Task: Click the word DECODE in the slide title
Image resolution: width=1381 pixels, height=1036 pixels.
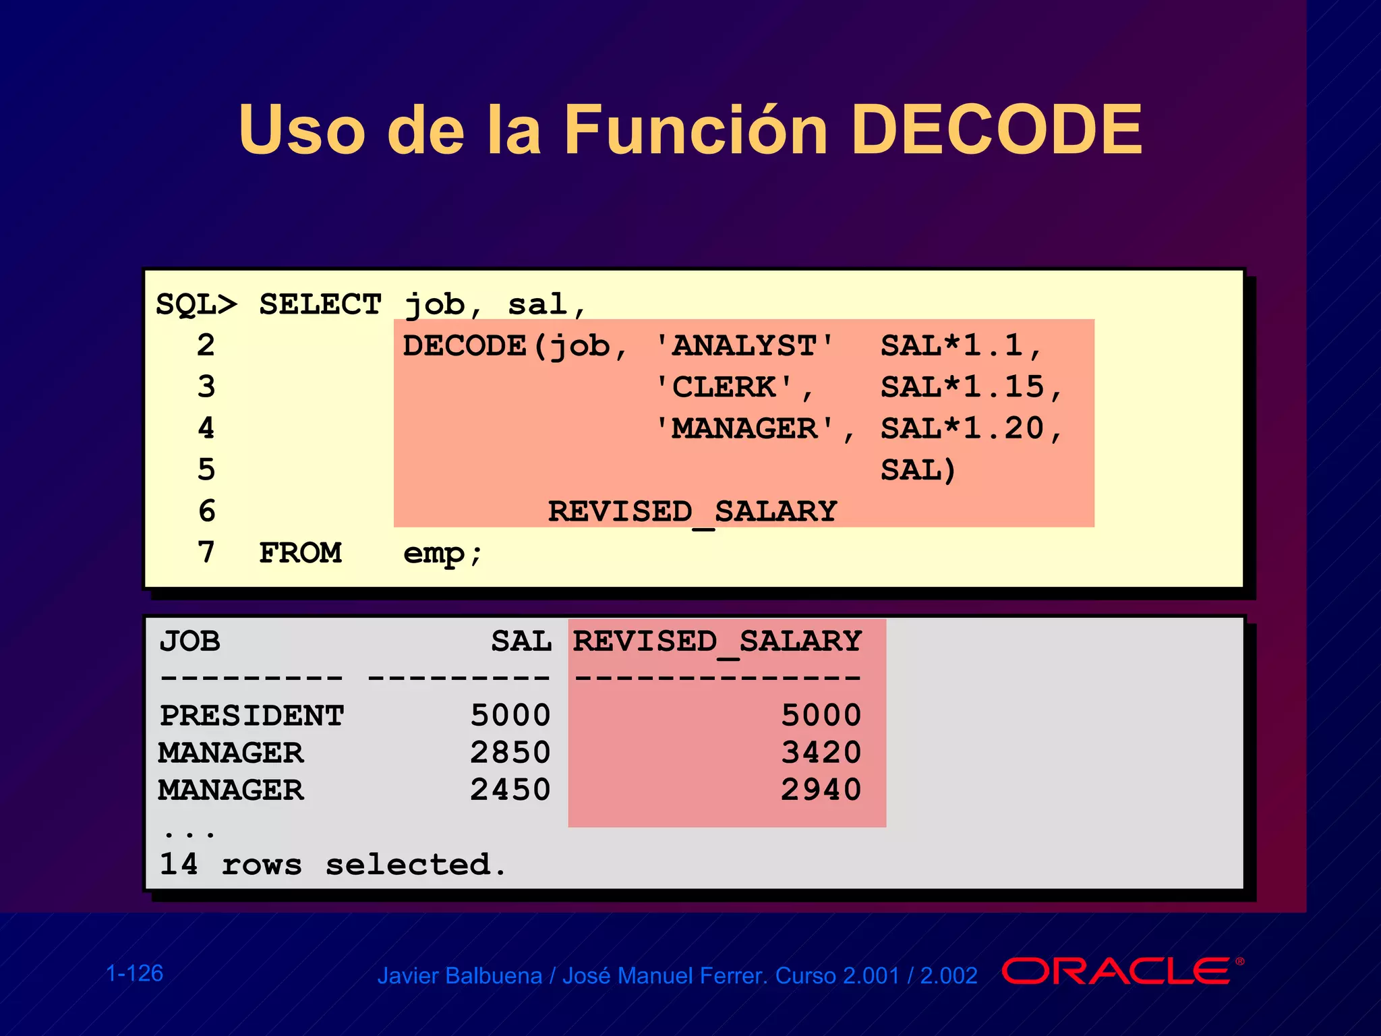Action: click(996, 129)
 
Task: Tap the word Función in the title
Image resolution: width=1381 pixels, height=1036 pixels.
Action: click(695, 129)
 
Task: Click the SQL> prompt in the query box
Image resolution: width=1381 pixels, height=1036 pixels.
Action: click(196, 304)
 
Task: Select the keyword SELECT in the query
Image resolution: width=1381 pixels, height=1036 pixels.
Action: click(320, 304)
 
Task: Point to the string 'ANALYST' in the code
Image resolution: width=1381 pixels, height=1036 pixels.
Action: click(745, 346)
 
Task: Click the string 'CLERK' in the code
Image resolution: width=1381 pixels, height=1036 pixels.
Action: click(725, 387)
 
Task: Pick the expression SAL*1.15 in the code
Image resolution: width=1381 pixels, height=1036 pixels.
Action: click(963, 387)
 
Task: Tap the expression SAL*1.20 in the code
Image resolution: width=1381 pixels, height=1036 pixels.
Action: click(963, 429)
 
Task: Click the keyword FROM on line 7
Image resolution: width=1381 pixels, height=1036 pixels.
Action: click(300, 553)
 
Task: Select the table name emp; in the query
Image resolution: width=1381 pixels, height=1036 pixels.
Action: click(442, 554)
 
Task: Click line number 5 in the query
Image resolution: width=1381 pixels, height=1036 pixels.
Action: click(206, 469)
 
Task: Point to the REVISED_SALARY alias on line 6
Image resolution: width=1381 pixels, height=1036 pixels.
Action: click(692, 511)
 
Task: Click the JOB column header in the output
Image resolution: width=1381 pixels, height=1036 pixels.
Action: click(190, 641)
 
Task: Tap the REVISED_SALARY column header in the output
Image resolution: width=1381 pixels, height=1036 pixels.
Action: click(717, 641)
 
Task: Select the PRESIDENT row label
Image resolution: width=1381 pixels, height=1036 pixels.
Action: click(252, 716)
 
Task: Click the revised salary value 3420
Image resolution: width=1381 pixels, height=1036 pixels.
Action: click(821, 753)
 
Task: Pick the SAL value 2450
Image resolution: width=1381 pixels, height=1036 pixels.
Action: click(510, 790)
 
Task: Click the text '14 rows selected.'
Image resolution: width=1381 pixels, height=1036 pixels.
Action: click(332, 865)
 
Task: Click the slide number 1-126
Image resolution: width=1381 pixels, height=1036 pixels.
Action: click(135, 973)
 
